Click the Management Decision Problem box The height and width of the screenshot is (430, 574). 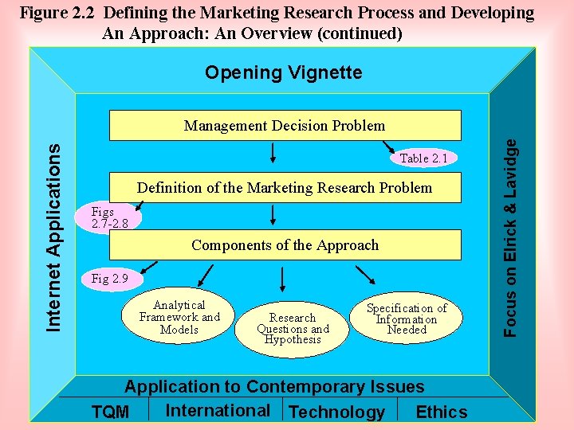285,126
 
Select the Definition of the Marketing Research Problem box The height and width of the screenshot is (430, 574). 285,188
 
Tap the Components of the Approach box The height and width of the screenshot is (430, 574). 285,245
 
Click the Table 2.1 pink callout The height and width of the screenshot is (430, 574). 423,158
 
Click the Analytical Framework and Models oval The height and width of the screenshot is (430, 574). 179,317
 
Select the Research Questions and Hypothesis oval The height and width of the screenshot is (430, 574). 293,328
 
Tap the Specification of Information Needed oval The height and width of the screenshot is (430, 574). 407,319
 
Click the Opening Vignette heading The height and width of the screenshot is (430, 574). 283,73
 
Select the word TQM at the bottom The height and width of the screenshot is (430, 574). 110,412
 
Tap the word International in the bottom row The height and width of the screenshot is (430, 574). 218,411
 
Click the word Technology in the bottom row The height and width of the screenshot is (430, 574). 336,412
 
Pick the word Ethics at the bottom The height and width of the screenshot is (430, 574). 442,412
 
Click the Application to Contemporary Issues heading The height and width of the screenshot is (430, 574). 274,387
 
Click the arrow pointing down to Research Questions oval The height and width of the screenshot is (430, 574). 283,279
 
